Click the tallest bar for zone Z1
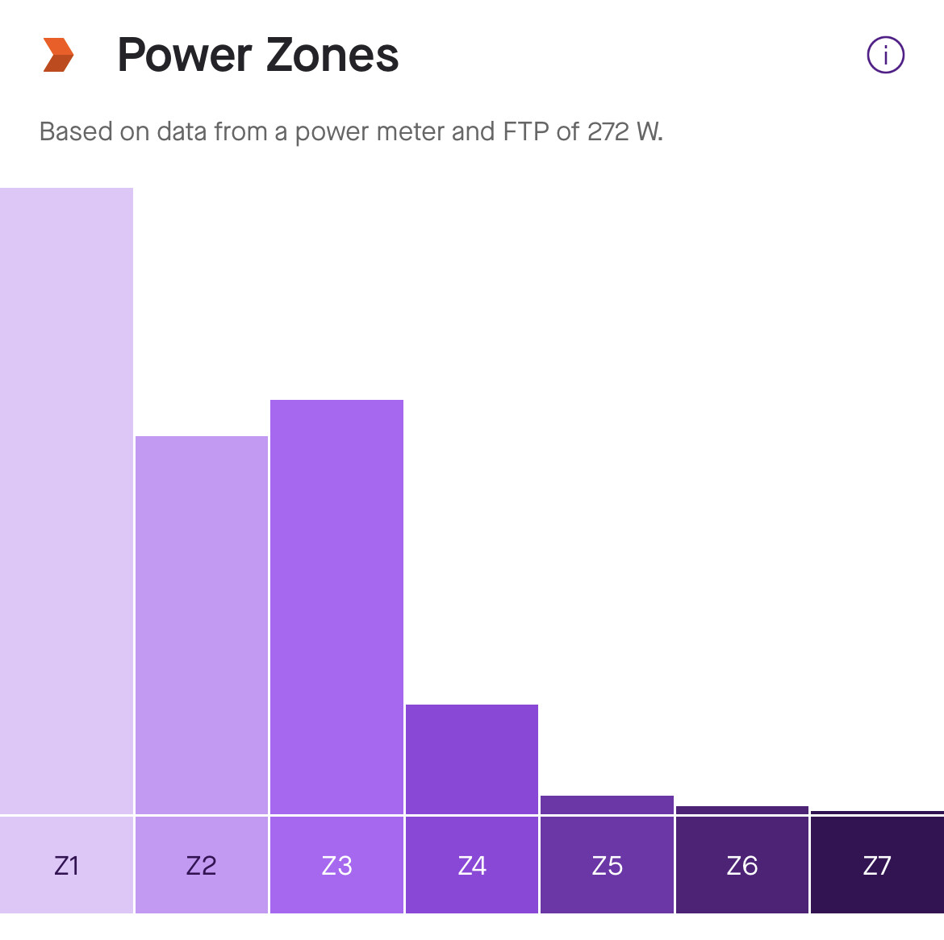(x=66, y=500)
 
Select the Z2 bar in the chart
(x=201, y=625)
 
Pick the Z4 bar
(x=472, y=759)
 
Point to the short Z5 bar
(x=607, y=805)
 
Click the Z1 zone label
(x=66, y=865)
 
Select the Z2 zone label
(x=201, y=865)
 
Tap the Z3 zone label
(x=336, y=865)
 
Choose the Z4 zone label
(x=472, y=865)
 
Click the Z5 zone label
(x=607, y=865)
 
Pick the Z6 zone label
(x=741, y=865)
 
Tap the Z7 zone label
(x=877, y=865)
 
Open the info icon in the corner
(x=885, y=56)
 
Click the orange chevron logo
(x=58, y=55)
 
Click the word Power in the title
(x=185, y=56)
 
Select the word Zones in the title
(x=332, y=56)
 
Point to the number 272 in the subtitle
(x=608, y=131)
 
